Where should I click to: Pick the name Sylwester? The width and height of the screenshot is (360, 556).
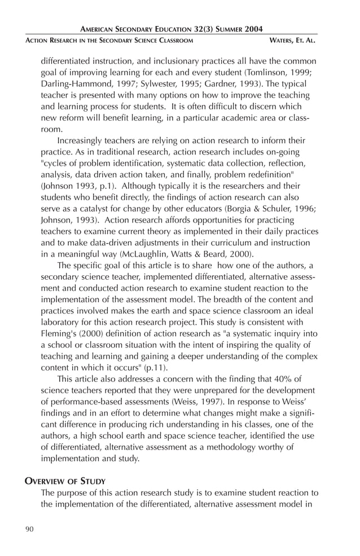(x=150, y=84)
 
